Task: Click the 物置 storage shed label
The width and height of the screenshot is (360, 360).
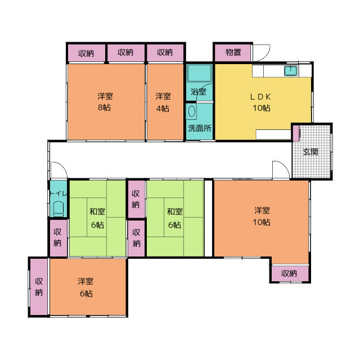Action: point(233,52)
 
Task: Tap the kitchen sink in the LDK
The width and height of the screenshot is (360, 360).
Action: point(291,71)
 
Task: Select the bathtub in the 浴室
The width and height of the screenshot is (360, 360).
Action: point(199,73)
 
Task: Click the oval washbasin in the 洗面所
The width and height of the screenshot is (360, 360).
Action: point(192,111)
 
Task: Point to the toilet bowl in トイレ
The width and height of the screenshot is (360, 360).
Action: point(58,209)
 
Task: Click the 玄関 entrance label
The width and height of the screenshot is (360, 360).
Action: point(310,152)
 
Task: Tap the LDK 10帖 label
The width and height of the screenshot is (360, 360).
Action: point(261,102)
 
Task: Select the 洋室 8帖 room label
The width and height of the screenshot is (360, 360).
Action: point(105,102)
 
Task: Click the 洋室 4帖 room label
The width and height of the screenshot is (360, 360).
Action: point(163,102)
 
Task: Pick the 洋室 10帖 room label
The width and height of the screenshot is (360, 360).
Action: point(262,216)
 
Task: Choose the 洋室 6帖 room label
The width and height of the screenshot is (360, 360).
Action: point(85,287)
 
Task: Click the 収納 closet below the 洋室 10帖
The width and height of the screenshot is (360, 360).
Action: point(290,273)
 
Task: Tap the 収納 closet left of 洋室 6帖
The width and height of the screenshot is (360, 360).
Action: point(39,287)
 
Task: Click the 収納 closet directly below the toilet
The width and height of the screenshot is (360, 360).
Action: point(58,238)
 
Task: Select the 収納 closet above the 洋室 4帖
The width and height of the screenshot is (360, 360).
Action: point(165,53)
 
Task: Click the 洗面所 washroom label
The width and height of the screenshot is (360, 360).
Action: point(200,128)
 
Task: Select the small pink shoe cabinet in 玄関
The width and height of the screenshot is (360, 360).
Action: point(296,133)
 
